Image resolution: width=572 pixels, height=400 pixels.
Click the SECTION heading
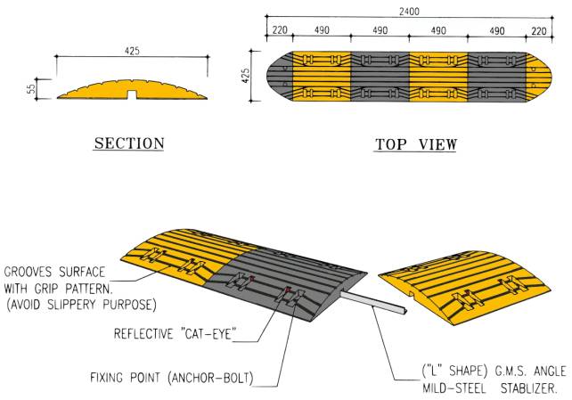[x=129, y=143]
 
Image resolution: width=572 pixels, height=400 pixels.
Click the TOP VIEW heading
[x=415, y=143]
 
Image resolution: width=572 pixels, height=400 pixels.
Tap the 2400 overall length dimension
[x=410, y=12]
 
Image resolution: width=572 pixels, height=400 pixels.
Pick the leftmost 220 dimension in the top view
[x=279, y=29]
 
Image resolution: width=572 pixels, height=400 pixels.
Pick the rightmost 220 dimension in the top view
[x=540, y=29]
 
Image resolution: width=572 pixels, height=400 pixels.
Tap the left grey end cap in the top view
[x=279, y=78]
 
